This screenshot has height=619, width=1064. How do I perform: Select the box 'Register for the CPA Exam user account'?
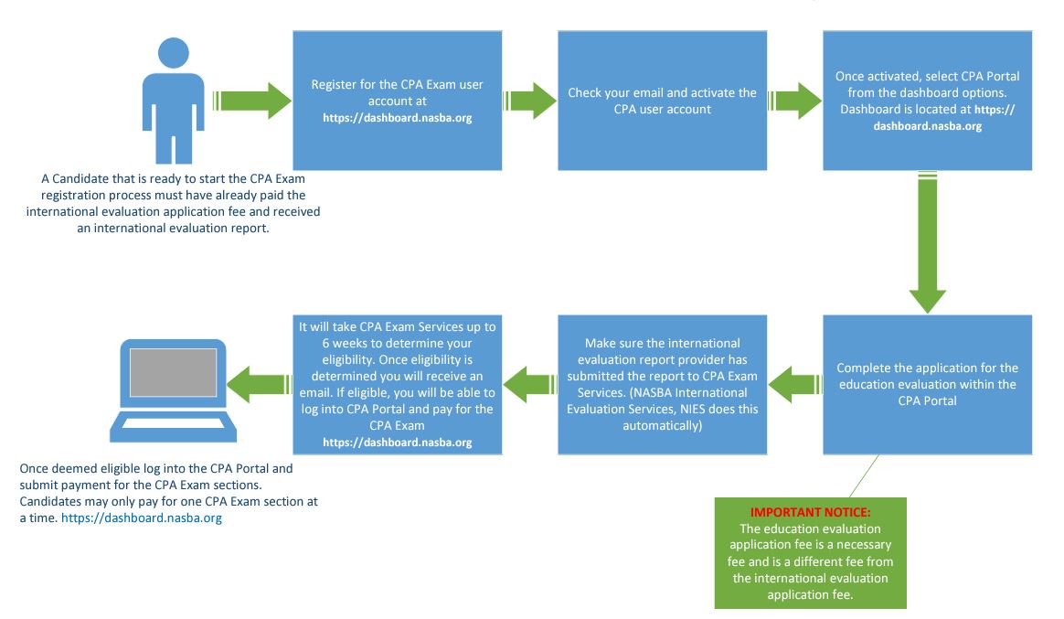(397, 101)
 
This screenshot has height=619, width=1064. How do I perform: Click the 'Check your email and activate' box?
(662, 101)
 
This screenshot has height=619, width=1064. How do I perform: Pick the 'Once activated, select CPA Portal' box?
(927, 101)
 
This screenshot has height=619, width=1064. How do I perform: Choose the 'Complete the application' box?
(927, 384)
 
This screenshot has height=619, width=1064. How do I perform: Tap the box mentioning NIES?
(662, 384)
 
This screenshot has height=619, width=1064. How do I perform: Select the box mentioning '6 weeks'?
(397, 384)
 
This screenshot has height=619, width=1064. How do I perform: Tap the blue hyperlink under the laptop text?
(142, 518)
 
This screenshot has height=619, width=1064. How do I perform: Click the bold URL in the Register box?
(397, 118)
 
